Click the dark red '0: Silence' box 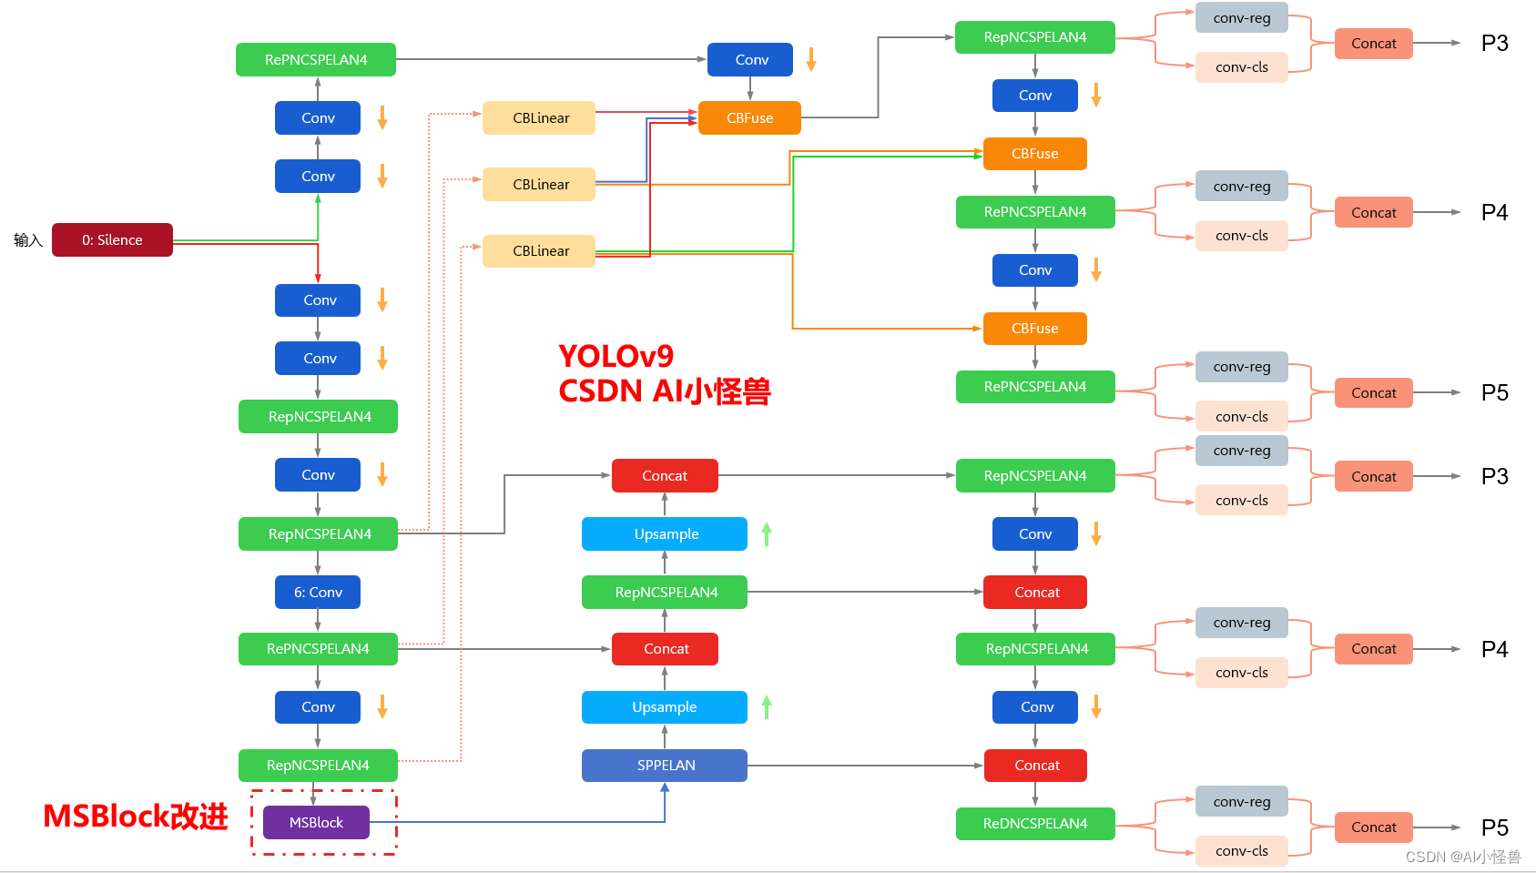pyautogui.click(x=112, y=240)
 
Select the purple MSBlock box pyautogui.click(x=316, y=823)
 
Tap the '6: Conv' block pyautogui.click(x=318, y=593)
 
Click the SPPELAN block pyautogui.click(x=665, y=766)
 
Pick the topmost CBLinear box pyautogui.click(x=539, y=118)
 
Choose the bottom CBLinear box pyautogui.click(x=539, y=251)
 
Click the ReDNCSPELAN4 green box pyautogui.click(x=1035, y=824)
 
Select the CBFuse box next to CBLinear pyautogui.click(x=749, y=118)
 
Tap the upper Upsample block pyautogui.click(x=665, y=534)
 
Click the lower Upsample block pyautogui.click(x=665, y=707)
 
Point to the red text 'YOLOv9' pyautogui.click(x=615, y=356)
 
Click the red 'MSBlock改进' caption pyautogui.click(x=136, y=817)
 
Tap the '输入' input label pyautogui.click(x=28, y=240)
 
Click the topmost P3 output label pyautogui.click(x=1494, y=44)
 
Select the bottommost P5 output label pyautogui.click(x=1494, y=827)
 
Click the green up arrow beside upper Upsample pyautogui.click(x=767, y=534)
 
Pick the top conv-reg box pyautogui.click(x=1241, y=18)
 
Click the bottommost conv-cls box pyautogui.click(x=1241, y=851)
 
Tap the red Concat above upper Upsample pyautogui.click(x=665, y=476)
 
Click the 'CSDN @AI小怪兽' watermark pyautogui.click(x=1462, y=857)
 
